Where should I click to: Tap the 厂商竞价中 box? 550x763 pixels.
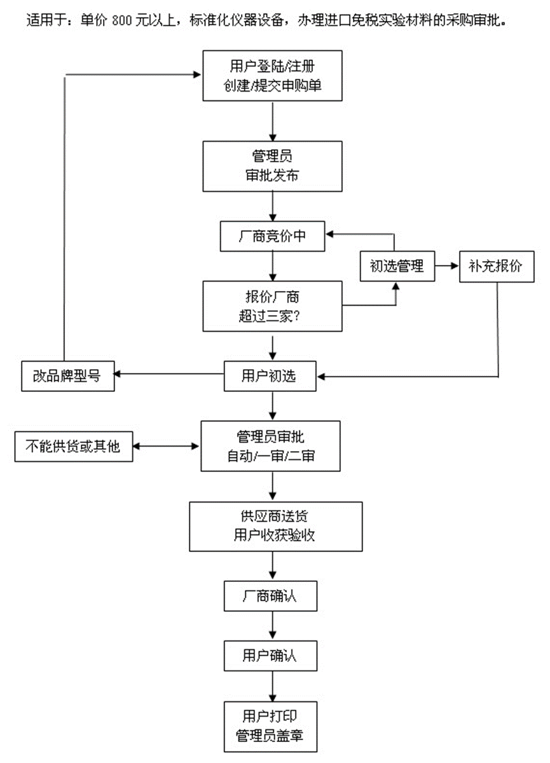tap(273, 236)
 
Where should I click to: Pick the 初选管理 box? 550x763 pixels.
tap(397, 266)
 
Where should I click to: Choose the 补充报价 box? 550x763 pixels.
tap(497, 266)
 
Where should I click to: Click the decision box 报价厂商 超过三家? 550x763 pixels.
tap(273, 307)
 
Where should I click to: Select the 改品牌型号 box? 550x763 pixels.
tap(68, 376)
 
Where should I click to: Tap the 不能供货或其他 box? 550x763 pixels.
tap(74, 447)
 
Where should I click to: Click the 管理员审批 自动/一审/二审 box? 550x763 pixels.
tap(273, 447)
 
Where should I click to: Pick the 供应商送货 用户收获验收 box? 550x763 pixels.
tap(275, 526)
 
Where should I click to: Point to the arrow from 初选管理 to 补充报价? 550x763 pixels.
tap(447, 266)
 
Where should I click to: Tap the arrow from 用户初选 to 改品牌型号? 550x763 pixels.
tap(170, 375)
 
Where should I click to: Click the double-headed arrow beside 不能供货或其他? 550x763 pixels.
tap(167, 447)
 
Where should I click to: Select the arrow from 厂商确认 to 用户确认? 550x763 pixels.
tap(273, 626)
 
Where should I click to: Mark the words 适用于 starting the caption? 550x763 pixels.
tap(46, 20)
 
